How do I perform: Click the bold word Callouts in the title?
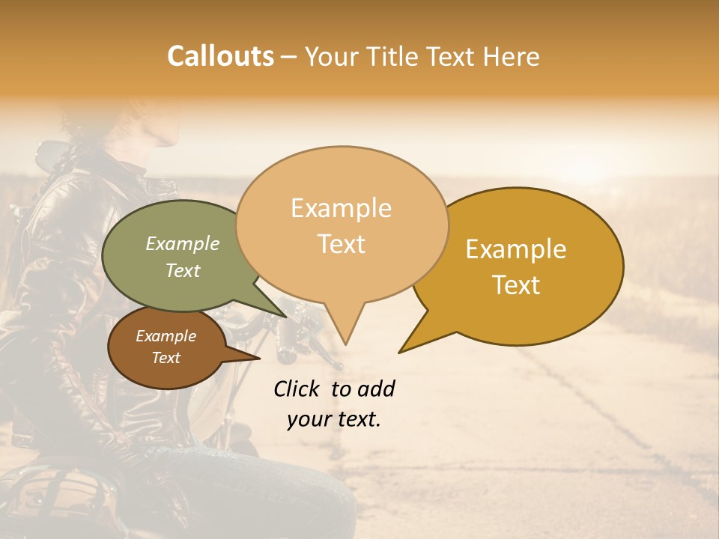pyautogui.click(x=220, y=56)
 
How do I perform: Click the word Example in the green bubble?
pyautogui.click(x=182, y=243)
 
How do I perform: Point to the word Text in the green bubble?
pyautogui.click(x=182, y=270)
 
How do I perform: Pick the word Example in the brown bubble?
pyautogui.click(x=166, y=336)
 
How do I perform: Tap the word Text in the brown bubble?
pyautogui.click(x=166, y=358)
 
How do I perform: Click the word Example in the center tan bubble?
pyautogui.click(x=341, y=208)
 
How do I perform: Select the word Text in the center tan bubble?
pyautogui.click(x=341, y=244)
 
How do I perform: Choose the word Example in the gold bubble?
pyautogui.click(x=516, y=249)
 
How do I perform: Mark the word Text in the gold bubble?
pyautogui.click(x=516, y=285)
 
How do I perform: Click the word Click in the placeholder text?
pyautogui.click(x=298, y=389)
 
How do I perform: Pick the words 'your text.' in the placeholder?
pyautogui.click(x=333, y=419)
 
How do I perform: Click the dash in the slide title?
pyautogui.click(x=289, y=56)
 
